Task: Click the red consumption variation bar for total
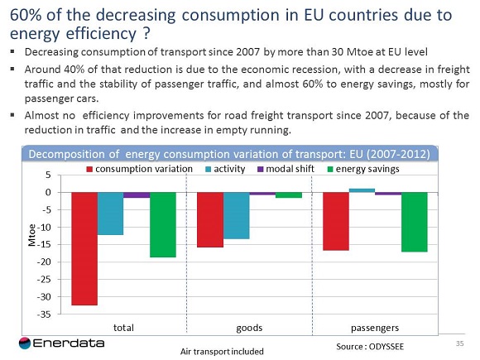click(x=84, y=248)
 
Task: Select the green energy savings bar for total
click(x=163, y=224)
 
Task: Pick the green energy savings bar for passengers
click(x=414, y=222)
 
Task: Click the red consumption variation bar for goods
click(x=209, y=219)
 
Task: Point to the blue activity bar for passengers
click(x=362, y=190)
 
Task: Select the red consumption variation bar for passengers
click(x=335, y=221)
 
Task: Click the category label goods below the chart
click(x=249, y=328)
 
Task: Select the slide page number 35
click(x=460, y=342)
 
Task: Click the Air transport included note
click(x=222, y=351)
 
